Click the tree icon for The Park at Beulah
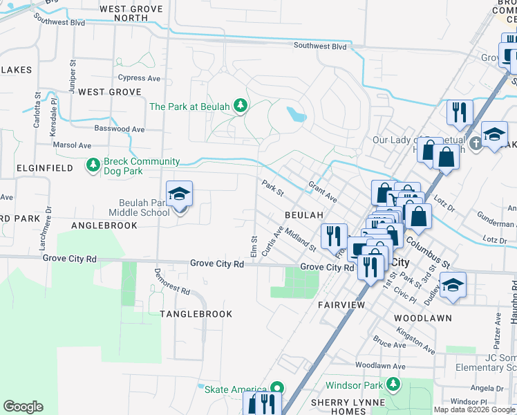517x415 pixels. pos(241,106)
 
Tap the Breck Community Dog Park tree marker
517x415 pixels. pos(93,165)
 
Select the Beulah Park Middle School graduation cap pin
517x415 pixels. pos(179,196)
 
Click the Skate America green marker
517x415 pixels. pos(277,389)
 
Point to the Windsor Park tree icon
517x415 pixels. pos(393,383)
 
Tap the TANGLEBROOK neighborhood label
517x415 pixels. pos(196,313)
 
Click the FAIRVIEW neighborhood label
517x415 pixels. pos(341,304)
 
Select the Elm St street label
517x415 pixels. pos(254,243)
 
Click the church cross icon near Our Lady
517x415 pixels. pos(475,144)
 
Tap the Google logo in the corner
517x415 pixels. pos(23,407)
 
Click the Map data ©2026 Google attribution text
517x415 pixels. pos(474,409)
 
